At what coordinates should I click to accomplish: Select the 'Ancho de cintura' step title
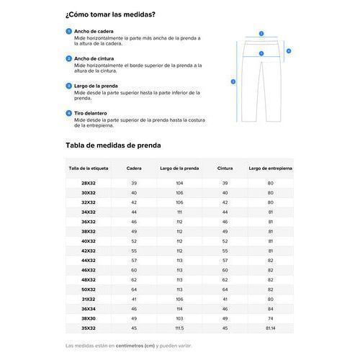95,58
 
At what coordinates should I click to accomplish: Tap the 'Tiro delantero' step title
91,112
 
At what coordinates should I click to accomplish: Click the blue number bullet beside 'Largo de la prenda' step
68,85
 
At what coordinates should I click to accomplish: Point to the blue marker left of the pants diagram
233,81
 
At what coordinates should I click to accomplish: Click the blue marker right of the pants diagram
289,51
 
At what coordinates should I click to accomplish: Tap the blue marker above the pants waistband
261,33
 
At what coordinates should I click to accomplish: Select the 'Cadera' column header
134,168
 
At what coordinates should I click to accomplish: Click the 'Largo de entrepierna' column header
271,168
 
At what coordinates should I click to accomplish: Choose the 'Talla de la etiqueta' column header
88,168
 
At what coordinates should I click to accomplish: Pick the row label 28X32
88,184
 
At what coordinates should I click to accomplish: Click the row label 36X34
88,309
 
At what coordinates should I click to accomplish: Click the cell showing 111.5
179,328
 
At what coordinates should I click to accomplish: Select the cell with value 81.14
271,328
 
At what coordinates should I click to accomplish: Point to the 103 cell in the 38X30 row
179,318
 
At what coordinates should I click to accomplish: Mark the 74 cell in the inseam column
271,318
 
